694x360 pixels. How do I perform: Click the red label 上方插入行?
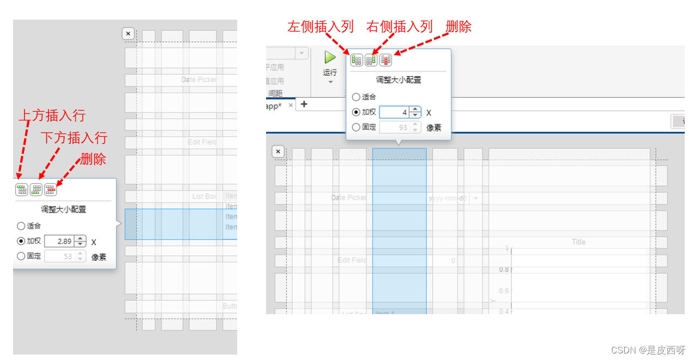52,116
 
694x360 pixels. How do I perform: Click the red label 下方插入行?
74,137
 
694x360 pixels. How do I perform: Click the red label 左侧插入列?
321,26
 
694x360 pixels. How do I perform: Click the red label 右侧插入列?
400,26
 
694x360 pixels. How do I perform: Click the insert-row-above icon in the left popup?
22,190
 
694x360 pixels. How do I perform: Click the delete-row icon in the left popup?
51,190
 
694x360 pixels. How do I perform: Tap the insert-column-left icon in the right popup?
357,60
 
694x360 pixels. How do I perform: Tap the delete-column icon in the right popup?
386,60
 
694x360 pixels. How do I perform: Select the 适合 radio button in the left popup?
21,226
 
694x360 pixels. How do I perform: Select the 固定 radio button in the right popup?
356,127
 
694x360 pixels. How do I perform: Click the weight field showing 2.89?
59,241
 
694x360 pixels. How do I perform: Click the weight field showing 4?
394,112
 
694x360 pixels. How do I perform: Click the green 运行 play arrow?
330,57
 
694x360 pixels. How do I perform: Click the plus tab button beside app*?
304,104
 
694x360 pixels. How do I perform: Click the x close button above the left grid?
128,34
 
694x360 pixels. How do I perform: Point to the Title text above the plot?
578,242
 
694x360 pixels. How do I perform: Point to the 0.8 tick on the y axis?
504,269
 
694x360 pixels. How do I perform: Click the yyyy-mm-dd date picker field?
448,199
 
